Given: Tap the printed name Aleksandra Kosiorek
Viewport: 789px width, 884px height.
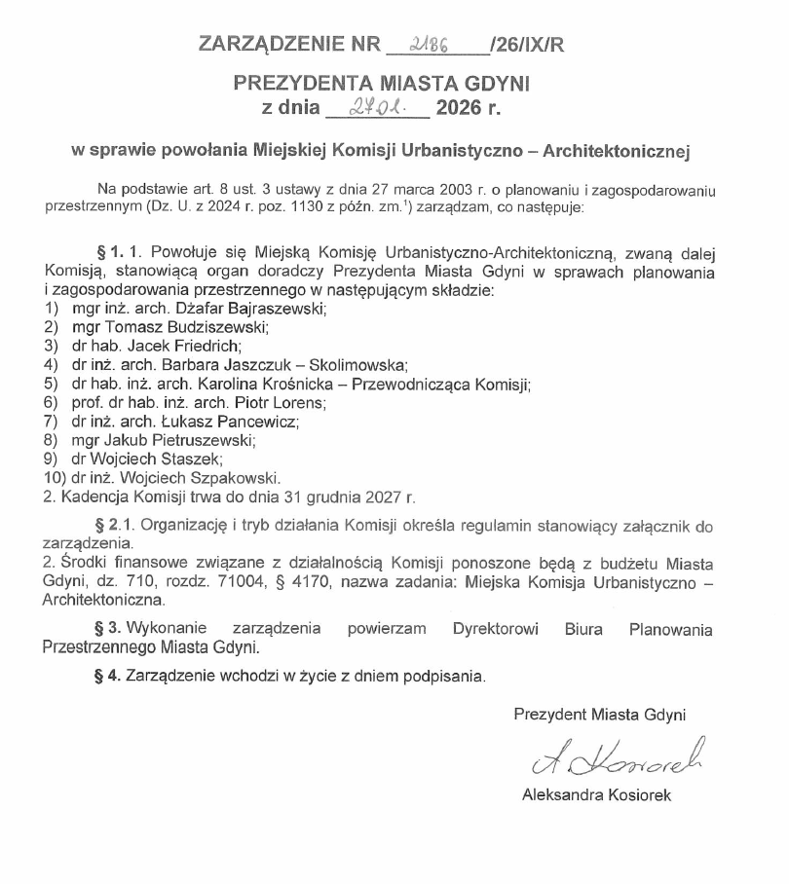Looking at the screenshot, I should click(x=597, y=794).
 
